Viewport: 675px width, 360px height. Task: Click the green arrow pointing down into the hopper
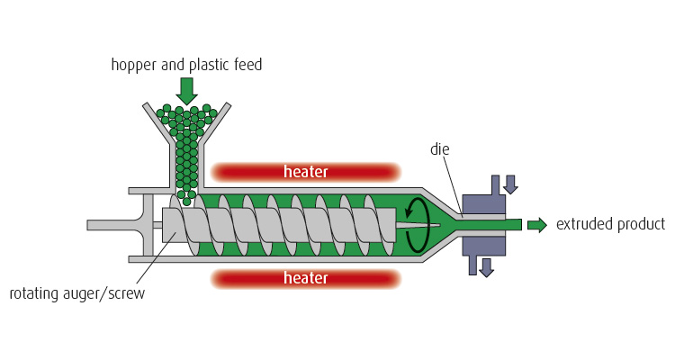[x=186, y=90]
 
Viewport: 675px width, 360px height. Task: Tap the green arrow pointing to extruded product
[x=536, y=225]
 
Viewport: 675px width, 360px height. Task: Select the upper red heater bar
[x=305, y=172]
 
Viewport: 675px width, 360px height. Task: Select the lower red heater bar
[x=305, y=278]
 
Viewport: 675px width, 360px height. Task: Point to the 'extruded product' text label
[x=610, y=225]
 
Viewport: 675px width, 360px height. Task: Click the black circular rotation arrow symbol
[x=416, y=225]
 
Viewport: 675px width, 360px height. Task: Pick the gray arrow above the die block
[x=510, y=184]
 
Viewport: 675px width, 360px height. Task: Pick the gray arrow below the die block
[x=486, y=267]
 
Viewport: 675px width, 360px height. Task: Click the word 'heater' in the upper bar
[x=305, y=172]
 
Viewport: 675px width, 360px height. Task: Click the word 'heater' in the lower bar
[x=305, y=278]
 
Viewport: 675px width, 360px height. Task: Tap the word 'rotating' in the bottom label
[x=32, y=293]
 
